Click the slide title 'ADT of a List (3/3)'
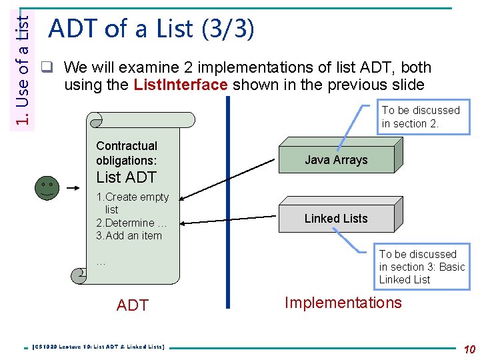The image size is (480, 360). pos(151,29)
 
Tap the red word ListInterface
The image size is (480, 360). pos(181,85)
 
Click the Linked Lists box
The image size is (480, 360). pos(336,218)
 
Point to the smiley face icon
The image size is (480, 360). pos(47,186)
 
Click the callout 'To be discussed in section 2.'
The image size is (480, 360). pos(421,117)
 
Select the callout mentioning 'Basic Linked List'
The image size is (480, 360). pos(421,267)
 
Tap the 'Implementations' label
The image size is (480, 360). pos(343,303)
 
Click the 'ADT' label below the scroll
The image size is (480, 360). pos(132,305)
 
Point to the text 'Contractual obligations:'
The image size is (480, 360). pos(127,153)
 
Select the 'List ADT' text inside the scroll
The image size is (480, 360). pos(126,177)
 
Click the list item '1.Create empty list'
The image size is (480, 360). pos(133,203)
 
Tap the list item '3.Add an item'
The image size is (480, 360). pos(129,235)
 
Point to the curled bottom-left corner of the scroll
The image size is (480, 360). pos(79,275)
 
